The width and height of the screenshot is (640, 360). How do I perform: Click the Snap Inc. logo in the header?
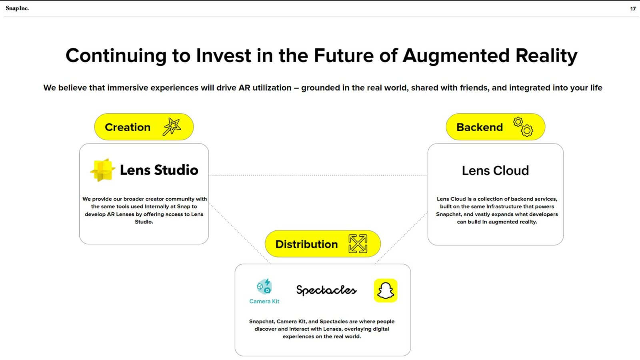click(17, 8)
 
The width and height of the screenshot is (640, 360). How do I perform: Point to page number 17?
click(632, 9)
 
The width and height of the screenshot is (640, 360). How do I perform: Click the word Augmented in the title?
click(456, 56)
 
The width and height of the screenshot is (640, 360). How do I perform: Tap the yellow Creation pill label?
click(144, 127)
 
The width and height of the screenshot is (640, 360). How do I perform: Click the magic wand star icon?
click(172, 126)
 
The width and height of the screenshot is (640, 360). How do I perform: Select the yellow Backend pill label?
click(496, 127)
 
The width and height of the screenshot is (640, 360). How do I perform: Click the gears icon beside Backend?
click(523, 126)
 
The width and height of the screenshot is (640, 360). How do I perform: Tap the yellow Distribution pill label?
click(323, 244)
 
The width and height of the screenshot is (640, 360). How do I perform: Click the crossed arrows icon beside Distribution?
click(358, 244)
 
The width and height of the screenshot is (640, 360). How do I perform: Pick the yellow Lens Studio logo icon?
click(102, 170)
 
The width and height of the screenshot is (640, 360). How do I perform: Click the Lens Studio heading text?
click(159, 170)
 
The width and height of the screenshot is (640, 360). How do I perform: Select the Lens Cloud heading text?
click(496, 170)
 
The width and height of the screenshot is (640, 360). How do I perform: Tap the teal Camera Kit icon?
click(264, 286)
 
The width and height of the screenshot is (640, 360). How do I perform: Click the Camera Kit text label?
click(264, 301)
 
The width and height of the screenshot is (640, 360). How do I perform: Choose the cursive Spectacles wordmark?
click(326, 290)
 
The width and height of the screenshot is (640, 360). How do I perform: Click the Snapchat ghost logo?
click(386, 290)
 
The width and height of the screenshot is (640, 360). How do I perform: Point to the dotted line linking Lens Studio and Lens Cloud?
click(318, 175)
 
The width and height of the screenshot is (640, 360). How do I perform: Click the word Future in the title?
click(344, 56)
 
